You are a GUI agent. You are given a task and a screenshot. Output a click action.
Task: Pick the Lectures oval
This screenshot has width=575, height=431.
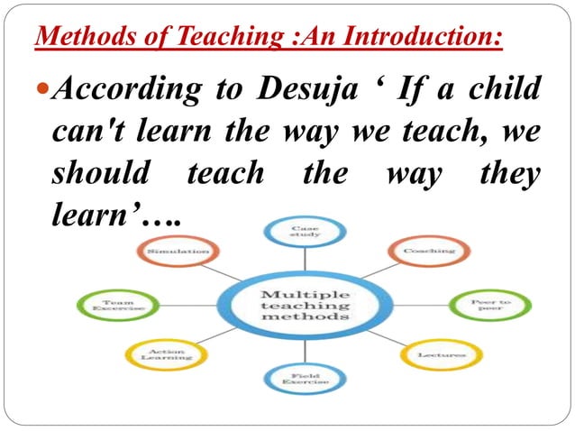click(442, 355)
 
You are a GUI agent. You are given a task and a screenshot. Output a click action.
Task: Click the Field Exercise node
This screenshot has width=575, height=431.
click(297, 380)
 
